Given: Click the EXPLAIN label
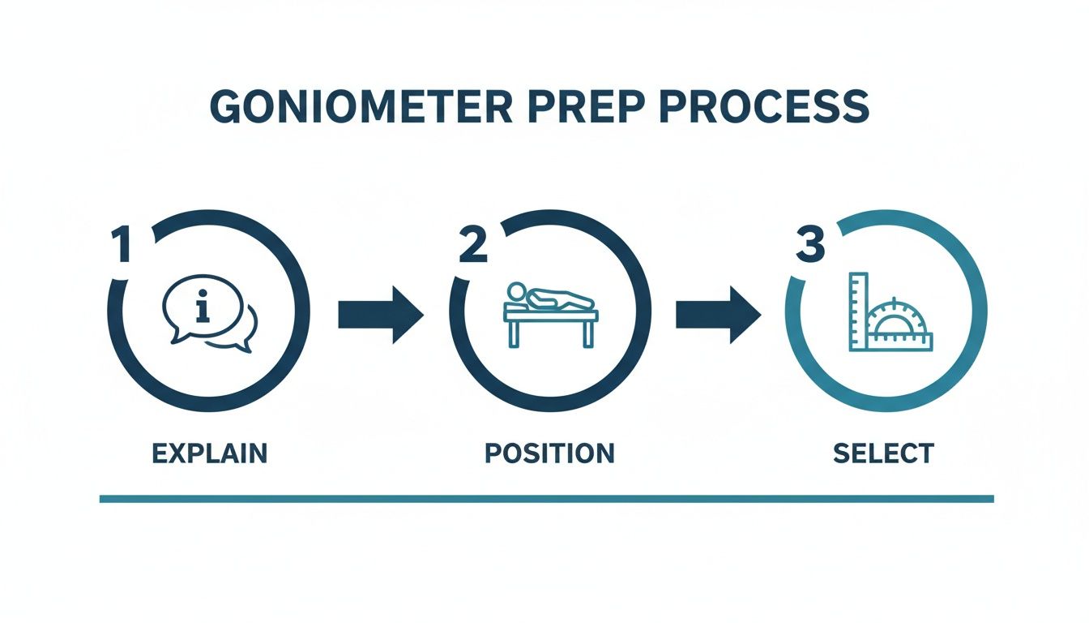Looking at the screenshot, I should tap(209, 453).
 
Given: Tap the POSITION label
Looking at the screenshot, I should tap(549, 453).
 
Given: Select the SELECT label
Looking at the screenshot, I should tap(883, 453).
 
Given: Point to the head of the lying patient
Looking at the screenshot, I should tap(515, 290).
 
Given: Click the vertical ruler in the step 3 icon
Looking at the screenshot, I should tap(857, 311).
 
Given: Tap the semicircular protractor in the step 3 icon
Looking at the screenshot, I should tap(895, 324).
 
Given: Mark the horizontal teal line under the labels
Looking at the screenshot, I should tap(546, 498).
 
